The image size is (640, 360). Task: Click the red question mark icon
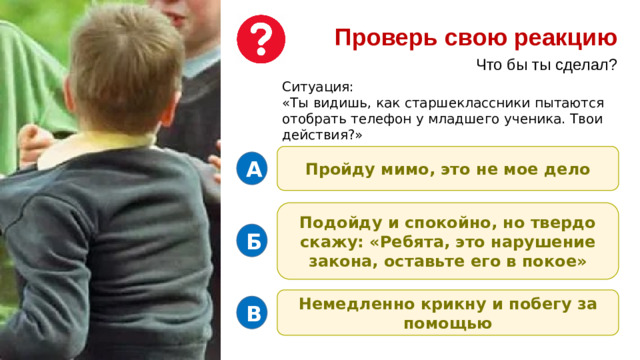click(261, 39)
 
